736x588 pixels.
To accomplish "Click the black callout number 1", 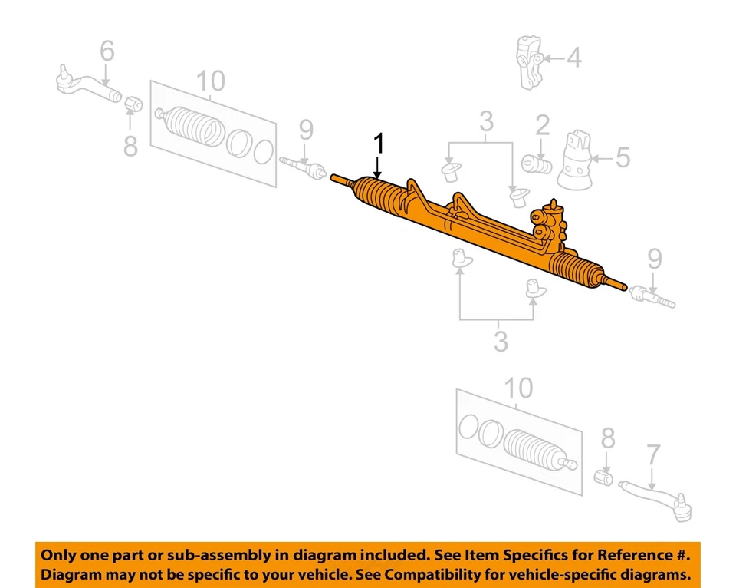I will pos(377,144).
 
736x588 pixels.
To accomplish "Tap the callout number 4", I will pos(573,58).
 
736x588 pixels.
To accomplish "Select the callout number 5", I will pos(622,159).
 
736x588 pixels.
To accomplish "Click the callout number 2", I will pos(542,125).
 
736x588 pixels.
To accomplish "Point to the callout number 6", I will pos(107,51).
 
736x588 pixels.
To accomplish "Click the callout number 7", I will pos(652,455).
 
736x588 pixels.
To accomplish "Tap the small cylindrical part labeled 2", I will pos(537,164).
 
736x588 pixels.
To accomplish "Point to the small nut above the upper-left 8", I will pos(131,102).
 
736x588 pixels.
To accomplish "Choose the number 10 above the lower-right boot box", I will pos(518,388).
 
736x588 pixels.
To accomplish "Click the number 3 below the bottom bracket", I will pos(500,341).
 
